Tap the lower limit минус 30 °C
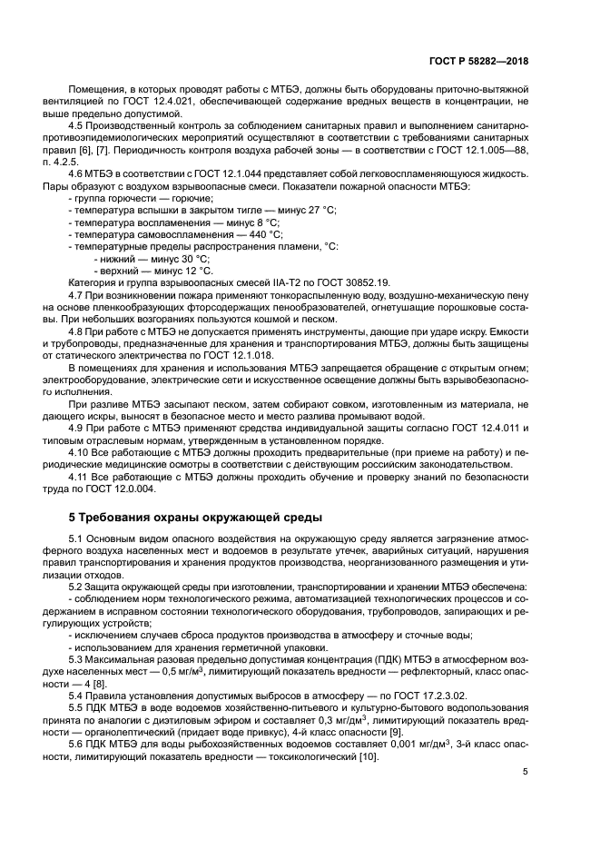click(178, 258)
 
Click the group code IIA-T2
click(258, 282)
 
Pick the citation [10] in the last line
click(369, 755)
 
